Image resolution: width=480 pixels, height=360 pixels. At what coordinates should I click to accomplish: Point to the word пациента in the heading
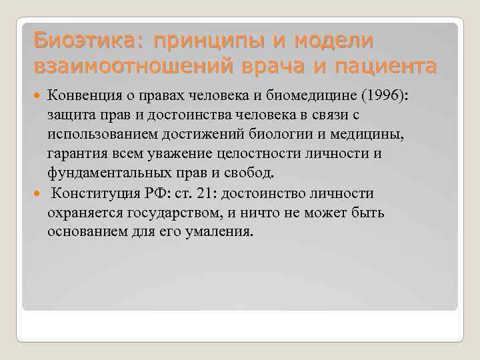[x=379, y=67]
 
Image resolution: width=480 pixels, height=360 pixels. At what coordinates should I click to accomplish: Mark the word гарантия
[x=74, y=154]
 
